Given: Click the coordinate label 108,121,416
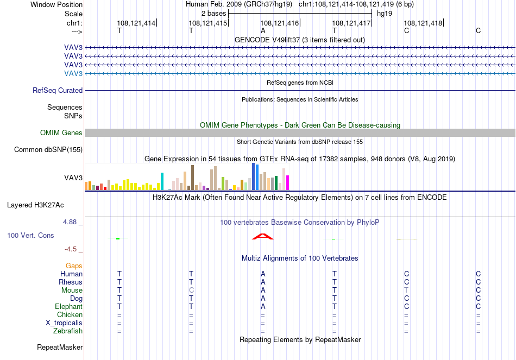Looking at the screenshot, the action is tap(279, 23).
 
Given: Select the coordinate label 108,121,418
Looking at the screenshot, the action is tap(423, 23).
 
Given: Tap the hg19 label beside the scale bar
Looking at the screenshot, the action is tap(385, 14).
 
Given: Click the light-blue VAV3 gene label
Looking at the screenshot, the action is tap(73, 73).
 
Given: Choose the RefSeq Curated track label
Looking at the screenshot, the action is tap(58, 91).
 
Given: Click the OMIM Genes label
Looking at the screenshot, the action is tap(61, 132).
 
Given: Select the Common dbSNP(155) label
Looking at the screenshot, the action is tap(48, 150).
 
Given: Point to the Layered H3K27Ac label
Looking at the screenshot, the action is tap(35, 205).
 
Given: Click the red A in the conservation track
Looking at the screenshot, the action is tap(262, 237).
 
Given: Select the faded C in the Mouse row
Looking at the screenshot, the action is tap(191, 290).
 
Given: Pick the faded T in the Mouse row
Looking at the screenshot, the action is tap(406, 290).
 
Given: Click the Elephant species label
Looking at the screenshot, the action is tap(69, 307).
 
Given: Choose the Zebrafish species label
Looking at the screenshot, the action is tap(68, 331).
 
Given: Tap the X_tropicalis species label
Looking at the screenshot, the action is tap(64, 323).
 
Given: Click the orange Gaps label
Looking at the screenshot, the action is tap(74, 266).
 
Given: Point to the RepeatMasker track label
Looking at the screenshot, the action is tap(60, 348).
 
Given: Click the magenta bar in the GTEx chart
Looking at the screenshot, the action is tap(288, 182).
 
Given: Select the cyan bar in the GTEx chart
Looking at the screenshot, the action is tap(162, 181).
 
